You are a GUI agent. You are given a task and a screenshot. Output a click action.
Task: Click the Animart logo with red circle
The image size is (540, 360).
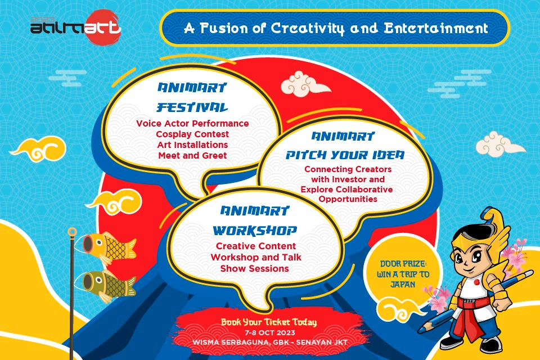click(76, 27)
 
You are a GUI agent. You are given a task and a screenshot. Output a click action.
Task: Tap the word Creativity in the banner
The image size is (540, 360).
click(308, 29)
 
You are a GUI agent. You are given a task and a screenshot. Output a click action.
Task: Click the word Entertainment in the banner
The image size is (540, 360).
click(435, 28)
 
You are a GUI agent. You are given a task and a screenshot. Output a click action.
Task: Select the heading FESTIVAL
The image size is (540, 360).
click(192, 107)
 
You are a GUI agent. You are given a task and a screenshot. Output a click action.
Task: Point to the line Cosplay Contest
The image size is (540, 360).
click(192, 134)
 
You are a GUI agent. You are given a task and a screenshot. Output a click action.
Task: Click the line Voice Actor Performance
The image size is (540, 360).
click(192, 123)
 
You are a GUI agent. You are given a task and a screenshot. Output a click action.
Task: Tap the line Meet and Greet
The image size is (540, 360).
click(192, 155)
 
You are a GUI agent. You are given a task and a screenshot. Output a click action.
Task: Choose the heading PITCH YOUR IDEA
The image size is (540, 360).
click(345, 155)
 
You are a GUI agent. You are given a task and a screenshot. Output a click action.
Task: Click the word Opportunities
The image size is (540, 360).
click(348, 199)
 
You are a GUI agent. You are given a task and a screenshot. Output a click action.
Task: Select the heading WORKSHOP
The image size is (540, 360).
click(255, 230)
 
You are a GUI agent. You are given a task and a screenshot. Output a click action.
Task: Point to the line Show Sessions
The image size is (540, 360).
click(254, 268)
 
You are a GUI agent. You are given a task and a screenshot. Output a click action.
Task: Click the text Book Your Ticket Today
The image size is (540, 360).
click(269, 322)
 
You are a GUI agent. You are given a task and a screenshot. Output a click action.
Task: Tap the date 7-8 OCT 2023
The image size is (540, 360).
click(270, 333)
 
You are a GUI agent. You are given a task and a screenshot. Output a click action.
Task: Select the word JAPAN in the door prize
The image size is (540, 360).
click(403, 285)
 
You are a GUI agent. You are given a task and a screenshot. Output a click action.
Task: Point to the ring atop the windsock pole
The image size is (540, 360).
click(72, 232)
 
